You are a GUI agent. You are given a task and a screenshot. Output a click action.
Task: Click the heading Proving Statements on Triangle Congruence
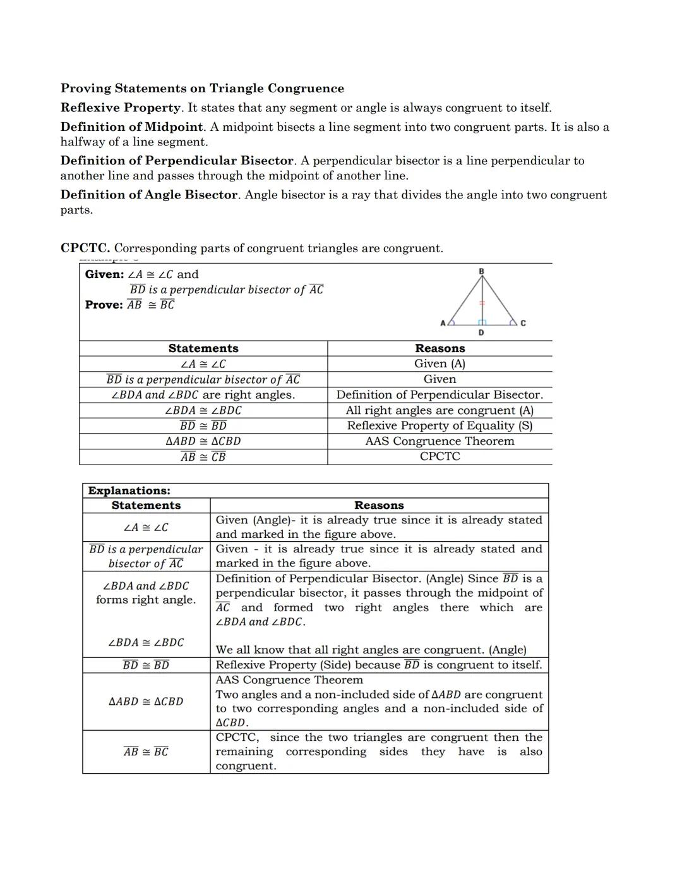pyautogui.click(x=202, y=88)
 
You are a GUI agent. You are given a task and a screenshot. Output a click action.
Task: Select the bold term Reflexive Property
pyautogui.click(x=120, y=107)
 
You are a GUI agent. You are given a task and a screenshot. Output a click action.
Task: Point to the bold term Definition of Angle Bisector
pyautogui.click(x=149, y=195)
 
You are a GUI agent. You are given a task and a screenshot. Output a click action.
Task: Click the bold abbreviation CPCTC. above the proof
pyautogui.click(x=85, y=248)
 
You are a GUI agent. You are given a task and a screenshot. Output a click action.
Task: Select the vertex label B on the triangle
pyautogui.click(x=481, y=272)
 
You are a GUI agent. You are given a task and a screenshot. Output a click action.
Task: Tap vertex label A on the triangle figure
pyautogui.click(x=443, y=323)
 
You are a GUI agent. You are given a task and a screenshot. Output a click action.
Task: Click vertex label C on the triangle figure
pyautogui.click(x=523, y=323)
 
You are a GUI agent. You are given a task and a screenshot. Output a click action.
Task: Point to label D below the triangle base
pyautogui.click(x=481, y=332)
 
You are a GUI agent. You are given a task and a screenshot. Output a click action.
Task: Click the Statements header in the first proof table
pyautogui.click(x=203, y=348)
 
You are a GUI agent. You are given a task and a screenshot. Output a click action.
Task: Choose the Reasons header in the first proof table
pyautogui.click(x=440, y=348)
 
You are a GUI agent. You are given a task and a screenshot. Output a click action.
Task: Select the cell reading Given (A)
pyautogui.click(x=440, y=363)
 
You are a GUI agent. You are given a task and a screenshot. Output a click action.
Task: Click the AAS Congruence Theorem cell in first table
pyautogui.click(x=440, y=441)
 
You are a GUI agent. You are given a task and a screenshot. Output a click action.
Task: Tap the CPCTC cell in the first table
pyautogui.click(x=440, y=456)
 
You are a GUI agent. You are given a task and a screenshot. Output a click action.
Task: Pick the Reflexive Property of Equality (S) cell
pyautogui.click(x=440, y=425)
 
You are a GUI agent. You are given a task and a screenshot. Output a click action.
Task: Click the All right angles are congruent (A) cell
pyautogui.click(x=440, y=410)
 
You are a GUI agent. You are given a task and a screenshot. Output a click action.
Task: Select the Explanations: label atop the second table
pyautogui.click(x=129, y=490)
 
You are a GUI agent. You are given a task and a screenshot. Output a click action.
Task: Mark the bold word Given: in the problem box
pyautogui.click(x=104, y=274)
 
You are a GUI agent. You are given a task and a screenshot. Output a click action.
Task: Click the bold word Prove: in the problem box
pyautogui.click(x=104, y=305)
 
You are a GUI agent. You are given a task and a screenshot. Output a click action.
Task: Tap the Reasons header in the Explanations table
pyautogui.click(x=379, y=505)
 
